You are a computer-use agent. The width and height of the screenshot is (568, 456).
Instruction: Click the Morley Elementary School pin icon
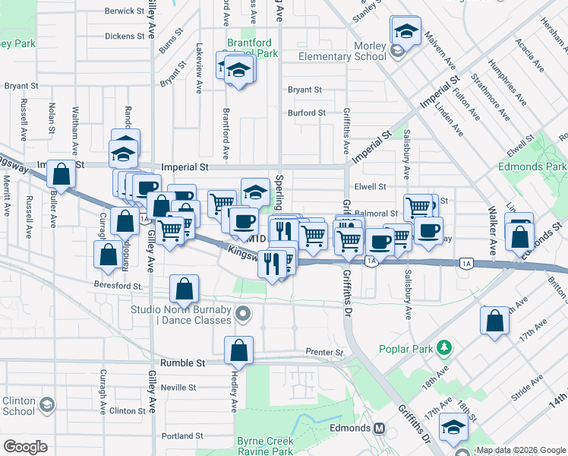pyautogui.click(x=396, y=52)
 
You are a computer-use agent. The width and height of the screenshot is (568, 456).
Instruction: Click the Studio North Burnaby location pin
pyautogui.click(x=243, y=313)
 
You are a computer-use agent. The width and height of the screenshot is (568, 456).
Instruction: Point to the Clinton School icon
pyautogui.click(x=47, y=404)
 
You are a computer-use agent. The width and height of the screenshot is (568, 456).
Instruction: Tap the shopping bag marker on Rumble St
pyautogui.click(x=238, y=350)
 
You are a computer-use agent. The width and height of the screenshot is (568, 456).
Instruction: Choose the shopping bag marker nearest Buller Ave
pyautogui.click(x=62, y=174)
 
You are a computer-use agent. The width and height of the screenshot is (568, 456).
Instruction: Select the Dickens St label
pyautogui.click(x=125, y=36)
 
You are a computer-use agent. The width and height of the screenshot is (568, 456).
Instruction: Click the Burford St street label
pyautogui.click(x=307, y=113)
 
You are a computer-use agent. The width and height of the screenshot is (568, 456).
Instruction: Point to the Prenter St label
pyautogui.click(x=325, y=353)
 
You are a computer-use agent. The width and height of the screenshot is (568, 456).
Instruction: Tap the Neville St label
pyautogui.click(x=179, y=387)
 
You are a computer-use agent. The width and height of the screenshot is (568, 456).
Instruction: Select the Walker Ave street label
pyautogui.click(x=492, y=228)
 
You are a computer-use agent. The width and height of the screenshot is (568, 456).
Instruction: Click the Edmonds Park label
pyautogui.click(x=532, y=166)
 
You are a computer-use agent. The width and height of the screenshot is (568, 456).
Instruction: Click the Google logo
pyautogui.click(x=26, y=446)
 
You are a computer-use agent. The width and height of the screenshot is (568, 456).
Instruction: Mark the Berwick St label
pyautogui.click(x=125, y=11)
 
